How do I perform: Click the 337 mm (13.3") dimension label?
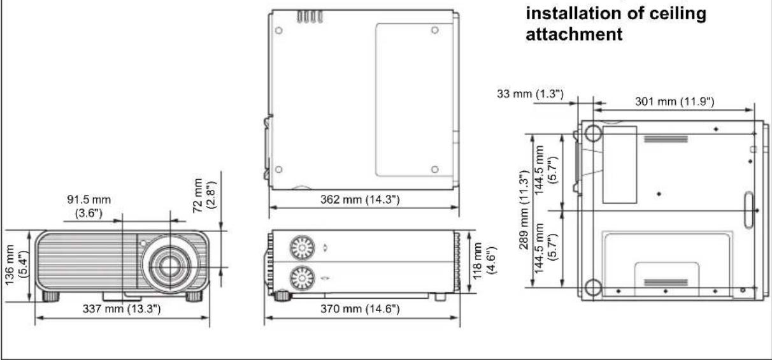click(x=122, y=308)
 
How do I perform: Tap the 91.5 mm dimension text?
click(x=89, y=199)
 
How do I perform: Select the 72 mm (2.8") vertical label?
click(x=204, y=195)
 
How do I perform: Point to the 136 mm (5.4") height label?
click(x=16, y=265)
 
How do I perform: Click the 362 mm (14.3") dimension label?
click(x=360, y=199)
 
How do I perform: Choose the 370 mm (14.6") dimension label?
click(x=360, y=308)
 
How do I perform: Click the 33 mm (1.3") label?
click(x=530, y=94)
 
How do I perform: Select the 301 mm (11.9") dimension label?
click(x=675, y=101)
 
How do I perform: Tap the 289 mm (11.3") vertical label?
click(x=524, y=210)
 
